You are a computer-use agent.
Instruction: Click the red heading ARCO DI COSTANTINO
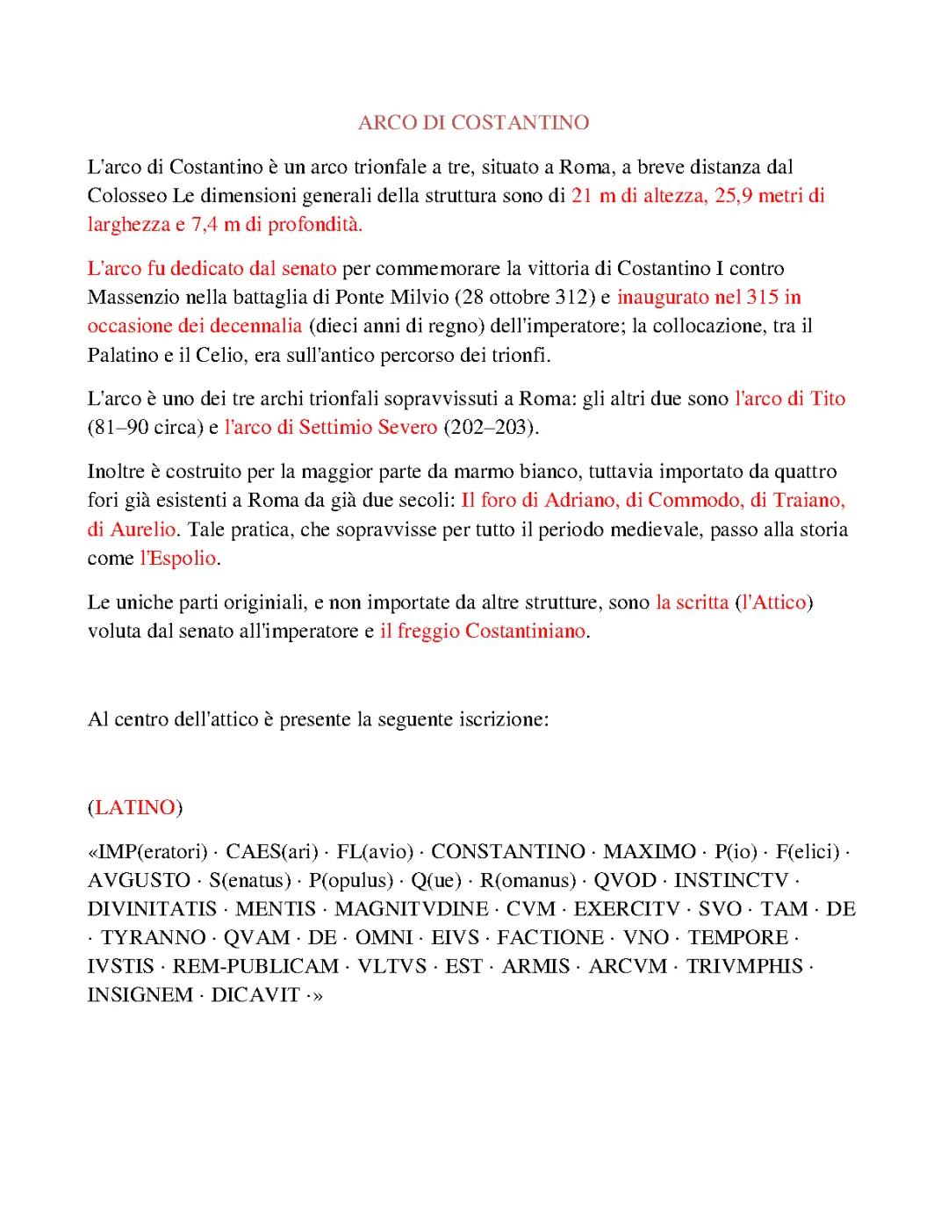(x=473, y=123)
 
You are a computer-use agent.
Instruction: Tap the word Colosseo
(x=127, y=195)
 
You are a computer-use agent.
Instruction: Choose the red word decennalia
(x=255, y=326)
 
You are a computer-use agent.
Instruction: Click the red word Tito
(x=827, y=399)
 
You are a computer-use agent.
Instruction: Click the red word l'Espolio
(x=179, y=559)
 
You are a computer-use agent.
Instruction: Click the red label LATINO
(x=134, y=807)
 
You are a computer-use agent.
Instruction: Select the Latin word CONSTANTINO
(x=508, y=851)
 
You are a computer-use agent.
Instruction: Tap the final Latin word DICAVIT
(x=255, y=995)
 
